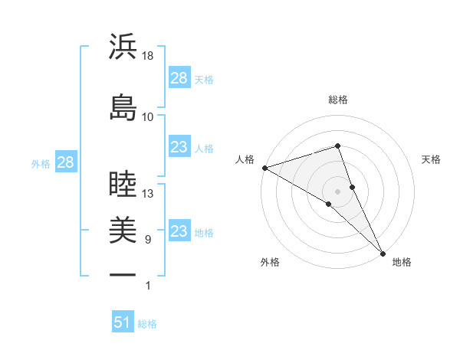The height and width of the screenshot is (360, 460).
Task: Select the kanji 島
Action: [123, 107]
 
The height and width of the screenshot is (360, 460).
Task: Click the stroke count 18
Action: [148, 56]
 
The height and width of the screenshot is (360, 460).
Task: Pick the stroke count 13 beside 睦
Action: [148, 194]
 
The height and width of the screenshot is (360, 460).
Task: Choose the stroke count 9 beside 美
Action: [148, 240]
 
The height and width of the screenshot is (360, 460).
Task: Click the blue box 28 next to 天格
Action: [179, 78]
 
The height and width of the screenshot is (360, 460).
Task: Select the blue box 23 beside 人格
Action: [179, 147]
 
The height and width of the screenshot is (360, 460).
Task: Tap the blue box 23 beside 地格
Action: [179, 231]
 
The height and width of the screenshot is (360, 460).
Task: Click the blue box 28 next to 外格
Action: [65, 162]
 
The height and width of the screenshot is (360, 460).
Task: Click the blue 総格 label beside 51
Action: [147, 324]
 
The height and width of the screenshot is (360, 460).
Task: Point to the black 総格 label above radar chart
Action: [338, 100]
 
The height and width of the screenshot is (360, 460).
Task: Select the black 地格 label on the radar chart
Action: [402, 262]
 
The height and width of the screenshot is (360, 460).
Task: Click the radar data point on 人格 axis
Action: [264, 168]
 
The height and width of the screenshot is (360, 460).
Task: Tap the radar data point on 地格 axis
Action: [382, 252]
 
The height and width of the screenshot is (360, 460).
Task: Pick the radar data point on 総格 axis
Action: [338, 146]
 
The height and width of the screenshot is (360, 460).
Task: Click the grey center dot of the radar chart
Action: [338, 191]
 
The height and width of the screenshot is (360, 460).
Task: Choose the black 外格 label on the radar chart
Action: [270, 262]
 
